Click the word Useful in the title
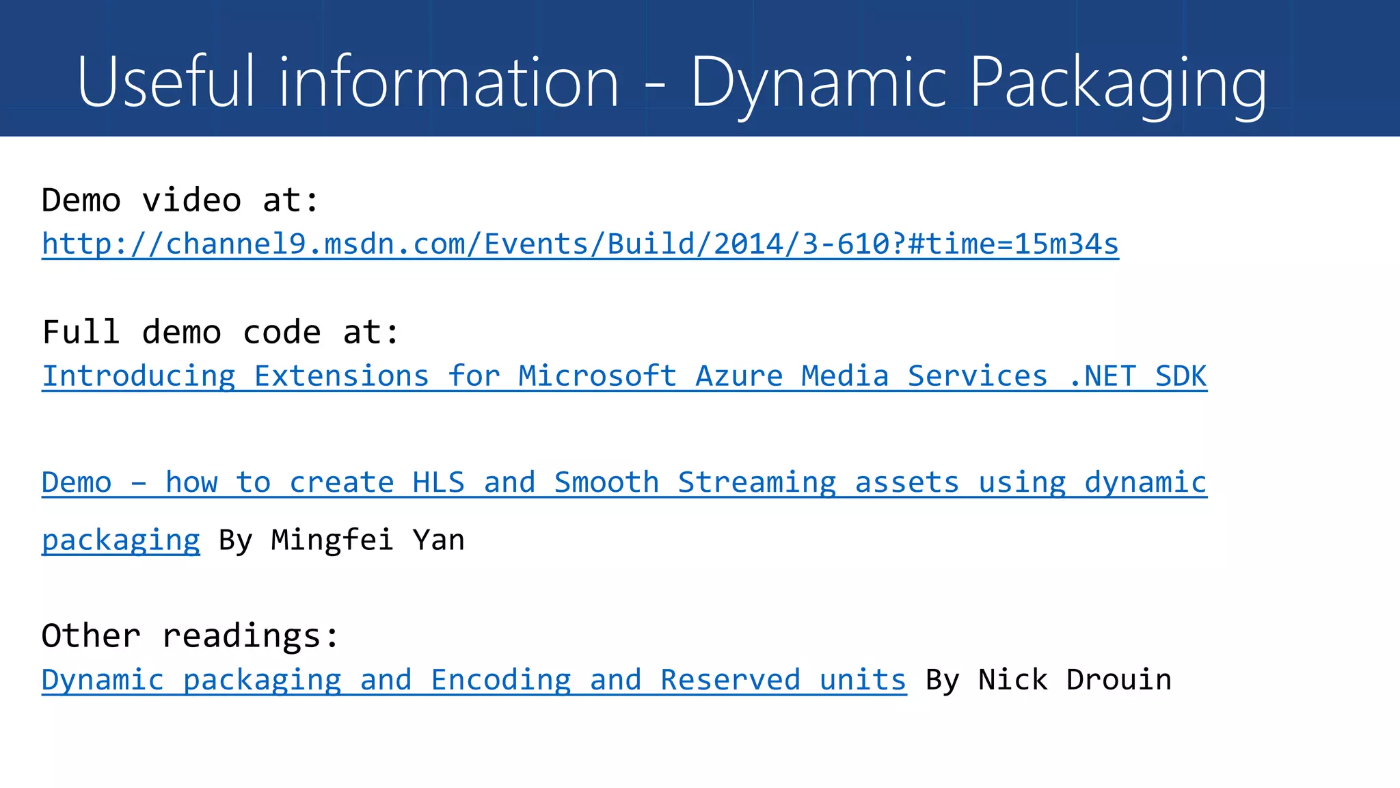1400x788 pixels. [166, 82]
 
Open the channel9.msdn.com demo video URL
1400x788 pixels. [580, 244]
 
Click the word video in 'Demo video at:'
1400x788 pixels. [191, 200]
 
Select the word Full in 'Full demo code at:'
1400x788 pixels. [81, 332]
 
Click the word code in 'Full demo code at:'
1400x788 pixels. [282, 332]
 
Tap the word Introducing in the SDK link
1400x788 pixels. [139, 376]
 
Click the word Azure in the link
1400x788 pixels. [739, 376]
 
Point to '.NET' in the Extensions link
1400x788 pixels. [1102, 376]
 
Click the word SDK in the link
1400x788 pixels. [1181, 376]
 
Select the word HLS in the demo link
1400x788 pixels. [438, 482]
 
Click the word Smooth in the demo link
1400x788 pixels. [606, 482]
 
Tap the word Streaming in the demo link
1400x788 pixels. [757, 482]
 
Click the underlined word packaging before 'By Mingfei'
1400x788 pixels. [121, 540]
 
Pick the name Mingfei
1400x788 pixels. [332, 540]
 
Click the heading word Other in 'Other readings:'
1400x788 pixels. [91, 636]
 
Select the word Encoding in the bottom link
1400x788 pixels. [501, 680]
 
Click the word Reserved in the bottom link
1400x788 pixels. [730, 680]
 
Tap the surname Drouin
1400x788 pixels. [1119, 680]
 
